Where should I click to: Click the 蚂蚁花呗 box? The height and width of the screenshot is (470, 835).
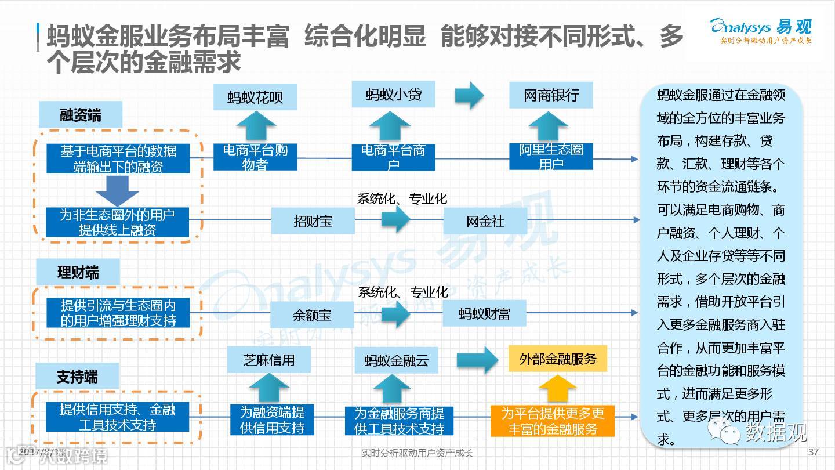tap(255, 97)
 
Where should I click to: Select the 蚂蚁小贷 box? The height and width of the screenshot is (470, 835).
tap(393, 95)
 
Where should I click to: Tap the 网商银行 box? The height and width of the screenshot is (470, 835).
tap(551, 95)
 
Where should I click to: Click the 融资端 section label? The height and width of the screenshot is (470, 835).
tap(81, 115)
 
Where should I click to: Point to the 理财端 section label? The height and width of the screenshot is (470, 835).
tap(78, 272)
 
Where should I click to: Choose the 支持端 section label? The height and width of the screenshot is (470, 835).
tap(77, 377)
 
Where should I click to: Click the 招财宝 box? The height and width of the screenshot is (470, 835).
tap(313, 221)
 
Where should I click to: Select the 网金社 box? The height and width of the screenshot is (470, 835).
tap(485, 221)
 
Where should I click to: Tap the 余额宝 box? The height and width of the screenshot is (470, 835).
tap(312, 315)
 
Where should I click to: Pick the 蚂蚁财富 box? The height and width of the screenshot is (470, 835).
tap(484, 314)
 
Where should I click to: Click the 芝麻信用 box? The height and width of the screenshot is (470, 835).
tap(268, 360)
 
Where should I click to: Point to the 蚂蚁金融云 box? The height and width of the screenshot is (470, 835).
tap(396, 360)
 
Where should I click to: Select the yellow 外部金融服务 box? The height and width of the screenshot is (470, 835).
tap(557, 359)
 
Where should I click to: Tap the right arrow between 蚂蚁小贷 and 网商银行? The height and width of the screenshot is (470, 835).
tap(469, 95)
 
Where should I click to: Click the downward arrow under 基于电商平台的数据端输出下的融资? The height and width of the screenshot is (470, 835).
tap(117, 191)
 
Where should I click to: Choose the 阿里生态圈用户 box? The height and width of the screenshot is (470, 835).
tap(551, 157)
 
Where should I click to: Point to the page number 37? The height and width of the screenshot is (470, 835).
tap(813, 452)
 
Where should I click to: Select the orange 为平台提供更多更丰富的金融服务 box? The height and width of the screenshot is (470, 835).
tap(553, 421)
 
